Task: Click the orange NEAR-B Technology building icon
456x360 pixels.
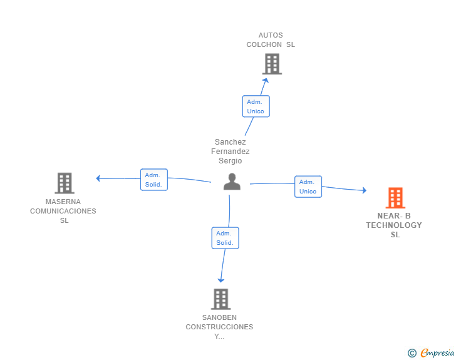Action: (395, 198)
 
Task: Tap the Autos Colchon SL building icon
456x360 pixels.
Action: (271, 64)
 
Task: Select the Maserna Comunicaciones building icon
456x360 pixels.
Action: (64, 183)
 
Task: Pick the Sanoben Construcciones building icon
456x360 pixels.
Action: (220, 299)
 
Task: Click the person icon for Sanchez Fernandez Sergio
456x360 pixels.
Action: (232, 182)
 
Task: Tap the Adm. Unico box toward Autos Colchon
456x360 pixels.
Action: (256, 106)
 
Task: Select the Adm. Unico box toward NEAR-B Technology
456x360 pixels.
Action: (308, 187)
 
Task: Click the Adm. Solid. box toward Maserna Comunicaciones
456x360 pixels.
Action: (154, 180)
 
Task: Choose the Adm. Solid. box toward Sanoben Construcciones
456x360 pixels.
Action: (225, 238)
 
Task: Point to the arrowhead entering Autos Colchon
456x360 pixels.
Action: (266, 80)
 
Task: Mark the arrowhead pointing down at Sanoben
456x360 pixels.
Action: (220, 280)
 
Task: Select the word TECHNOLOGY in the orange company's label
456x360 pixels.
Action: (394, 225)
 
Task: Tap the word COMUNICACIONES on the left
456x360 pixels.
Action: (63, 211)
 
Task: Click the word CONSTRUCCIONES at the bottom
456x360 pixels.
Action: (219, 327)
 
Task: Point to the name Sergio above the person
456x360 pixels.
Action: (230, 161)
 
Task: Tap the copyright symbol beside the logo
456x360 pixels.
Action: (412, 353)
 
